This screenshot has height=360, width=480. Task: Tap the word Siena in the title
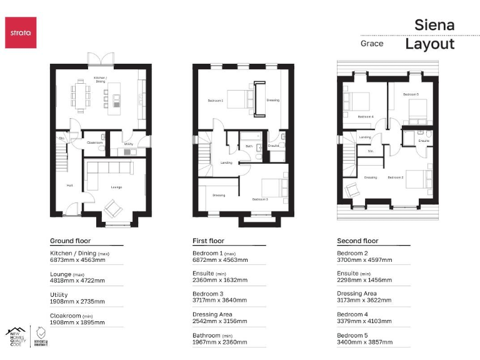click(x=434, y=25)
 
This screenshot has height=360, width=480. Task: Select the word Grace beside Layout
click(x=372, y=44)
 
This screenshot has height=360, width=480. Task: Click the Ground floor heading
click(x=70, y=241)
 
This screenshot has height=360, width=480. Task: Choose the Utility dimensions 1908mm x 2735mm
click(x=77, y=301)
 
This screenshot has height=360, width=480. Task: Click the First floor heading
click(x=208, y=241)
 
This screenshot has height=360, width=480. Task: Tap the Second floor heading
click(x=357, y=241)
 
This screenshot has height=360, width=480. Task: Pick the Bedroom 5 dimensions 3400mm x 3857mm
click(x=364, y=342)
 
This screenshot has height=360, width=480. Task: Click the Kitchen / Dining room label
click(x=100, y=79)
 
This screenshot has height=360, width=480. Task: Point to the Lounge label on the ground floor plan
click(x=116, y=187)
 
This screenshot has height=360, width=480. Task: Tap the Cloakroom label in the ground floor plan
click(x=95, y=143)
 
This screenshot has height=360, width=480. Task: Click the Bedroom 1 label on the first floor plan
click(x=216, y=100)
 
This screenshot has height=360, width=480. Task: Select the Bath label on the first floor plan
click(x=249, y=146)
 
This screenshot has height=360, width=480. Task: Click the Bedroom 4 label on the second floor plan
click(x=366, y=116)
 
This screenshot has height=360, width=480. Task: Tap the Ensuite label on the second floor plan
click(x=424, y=141)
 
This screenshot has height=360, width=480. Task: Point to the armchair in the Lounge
click(x=114, y=207)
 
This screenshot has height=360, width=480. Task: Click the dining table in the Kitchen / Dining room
click(x=80, y=94)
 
